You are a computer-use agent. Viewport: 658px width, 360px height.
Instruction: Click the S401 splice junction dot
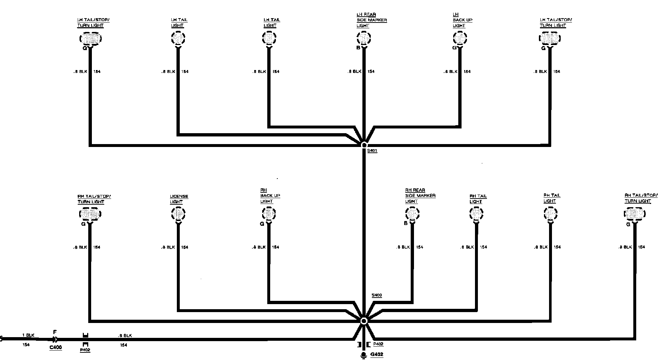coord(364,145)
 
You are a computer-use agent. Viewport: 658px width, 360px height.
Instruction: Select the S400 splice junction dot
coord(364,321)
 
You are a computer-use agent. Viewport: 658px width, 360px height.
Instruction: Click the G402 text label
coord(377,355)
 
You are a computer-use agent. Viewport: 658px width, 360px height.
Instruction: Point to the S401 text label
coord(372,151)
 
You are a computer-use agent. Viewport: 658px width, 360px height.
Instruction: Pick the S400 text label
coord(377,295)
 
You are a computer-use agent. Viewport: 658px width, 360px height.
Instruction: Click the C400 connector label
coord(56,347)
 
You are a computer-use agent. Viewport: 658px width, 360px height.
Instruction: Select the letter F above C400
coord(55,332)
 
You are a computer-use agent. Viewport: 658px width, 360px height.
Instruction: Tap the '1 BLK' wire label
coord(28,335)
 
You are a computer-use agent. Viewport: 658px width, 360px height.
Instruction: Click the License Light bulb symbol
coord(178,213)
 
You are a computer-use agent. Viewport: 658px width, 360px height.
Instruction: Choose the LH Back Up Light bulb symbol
coord(460,38)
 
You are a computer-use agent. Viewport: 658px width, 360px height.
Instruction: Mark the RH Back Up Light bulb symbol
coord(269,213)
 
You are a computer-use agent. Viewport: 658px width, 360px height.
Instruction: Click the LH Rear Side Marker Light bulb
coord(363,38)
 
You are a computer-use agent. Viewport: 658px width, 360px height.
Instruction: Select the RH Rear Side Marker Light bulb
coord(412,213)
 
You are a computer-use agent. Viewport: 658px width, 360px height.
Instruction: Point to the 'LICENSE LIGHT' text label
coord(179,199)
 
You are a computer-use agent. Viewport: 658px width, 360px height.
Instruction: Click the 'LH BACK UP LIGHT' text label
coord(462,20)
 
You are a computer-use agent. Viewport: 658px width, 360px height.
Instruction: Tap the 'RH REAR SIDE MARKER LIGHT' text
coord(420,196)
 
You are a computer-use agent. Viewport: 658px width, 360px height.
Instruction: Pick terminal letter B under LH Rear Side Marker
coord(358,48)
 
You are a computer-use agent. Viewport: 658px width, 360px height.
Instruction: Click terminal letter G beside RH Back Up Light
coord(262,224)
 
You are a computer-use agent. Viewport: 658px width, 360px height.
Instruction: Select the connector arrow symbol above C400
coord(54,340)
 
